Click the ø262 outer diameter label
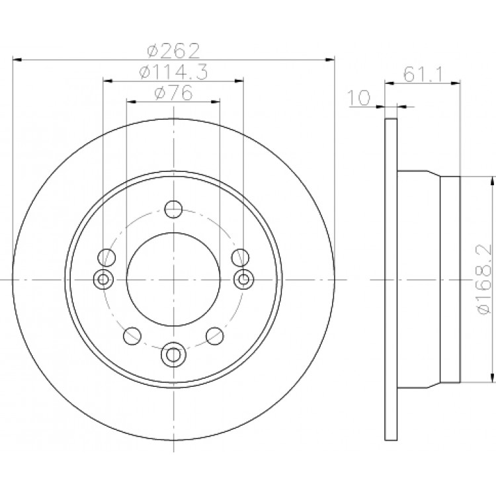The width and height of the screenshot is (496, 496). click(x=174, y=50)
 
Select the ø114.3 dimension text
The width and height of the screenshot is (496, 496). click(x=174, y=72)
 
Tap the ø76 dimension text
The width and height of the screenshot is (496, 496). click(x=173, y=93)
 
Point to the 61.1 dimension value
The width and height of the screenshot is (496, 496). click(x=424, y=74)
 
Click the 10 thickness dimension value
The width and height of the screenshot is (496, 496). click(x=358, y=97)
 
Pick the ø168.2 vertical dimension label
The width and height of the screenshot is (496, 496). click(x=485, y=279)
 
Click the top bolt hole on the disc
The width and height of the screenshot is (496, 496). click(x=173, y=209)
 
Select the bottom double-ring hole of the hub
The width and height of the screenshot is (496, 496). click(x=173, y=354)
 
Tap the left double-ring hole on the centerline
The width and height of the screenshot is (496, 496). click(x=103, y=279)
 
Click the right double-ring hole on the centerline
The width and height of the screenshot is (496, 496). click(x=243, y=279)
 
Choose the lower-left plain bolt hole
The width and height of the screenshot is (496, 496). click(x=132, y=336)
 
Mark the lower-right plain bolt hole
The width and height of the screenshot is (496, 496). click(x=215, y=336)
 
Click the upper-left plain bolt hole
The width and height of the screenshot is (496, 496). click(x=106, y=257)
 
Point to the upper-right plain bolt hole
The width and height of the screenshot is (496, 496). click(x=241, y=257)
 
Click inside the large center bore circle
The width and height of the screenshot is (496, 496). click(x=173, y=279)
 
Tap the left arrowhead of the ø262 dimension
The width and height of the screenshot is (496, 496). click(x=17, y=60)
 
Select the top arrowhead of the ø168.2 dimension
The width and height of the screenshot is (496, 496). click(x=492, y=181)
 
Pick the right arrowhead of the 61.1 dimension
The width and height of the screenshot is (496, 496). click(x=455, y=83)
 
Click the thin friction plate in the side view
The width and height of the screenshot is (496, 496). click(x=391, y=279)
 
